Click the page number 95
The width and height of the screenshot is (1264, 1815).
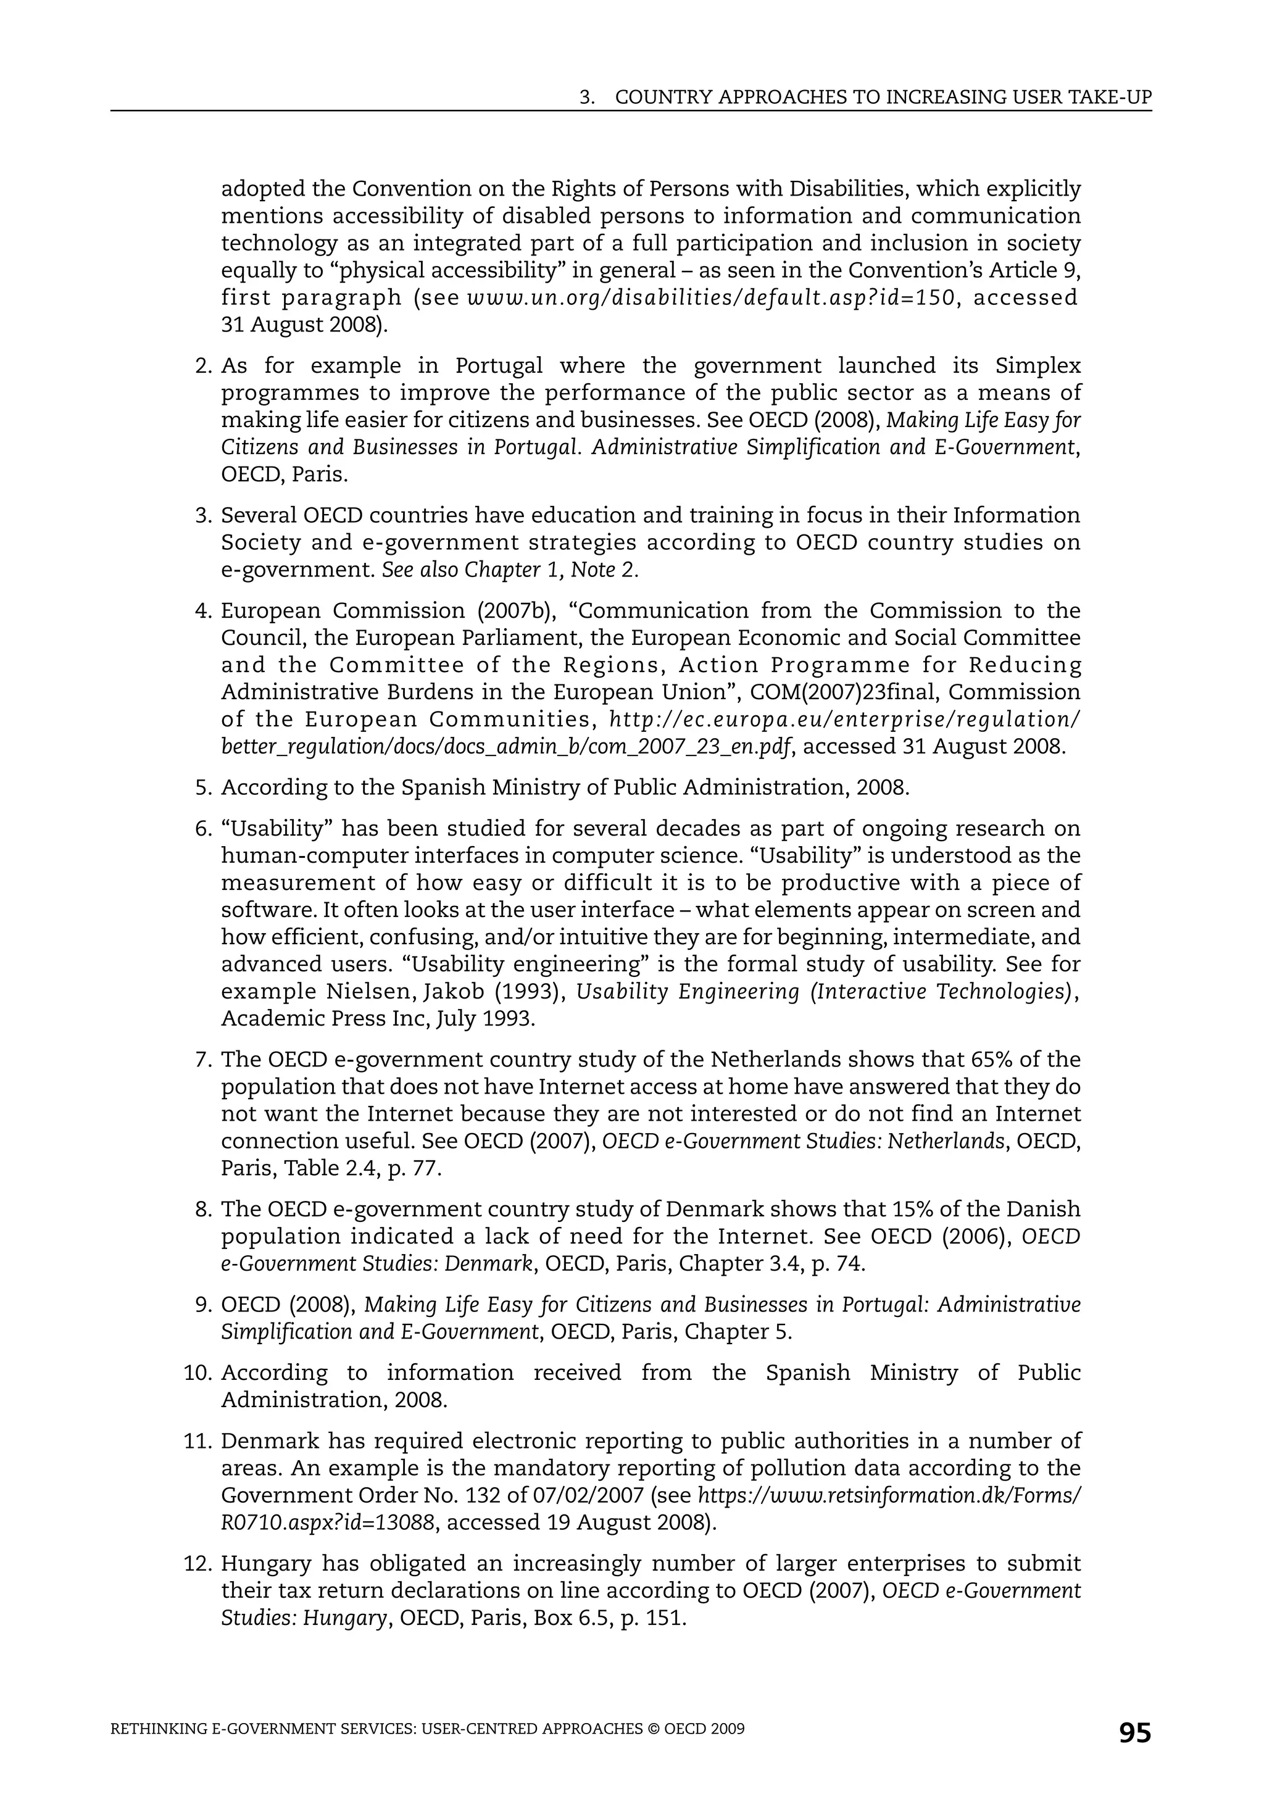pos(1134,1733)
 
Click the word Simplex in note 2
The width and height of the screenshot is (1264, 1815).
pos(1037,366)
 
